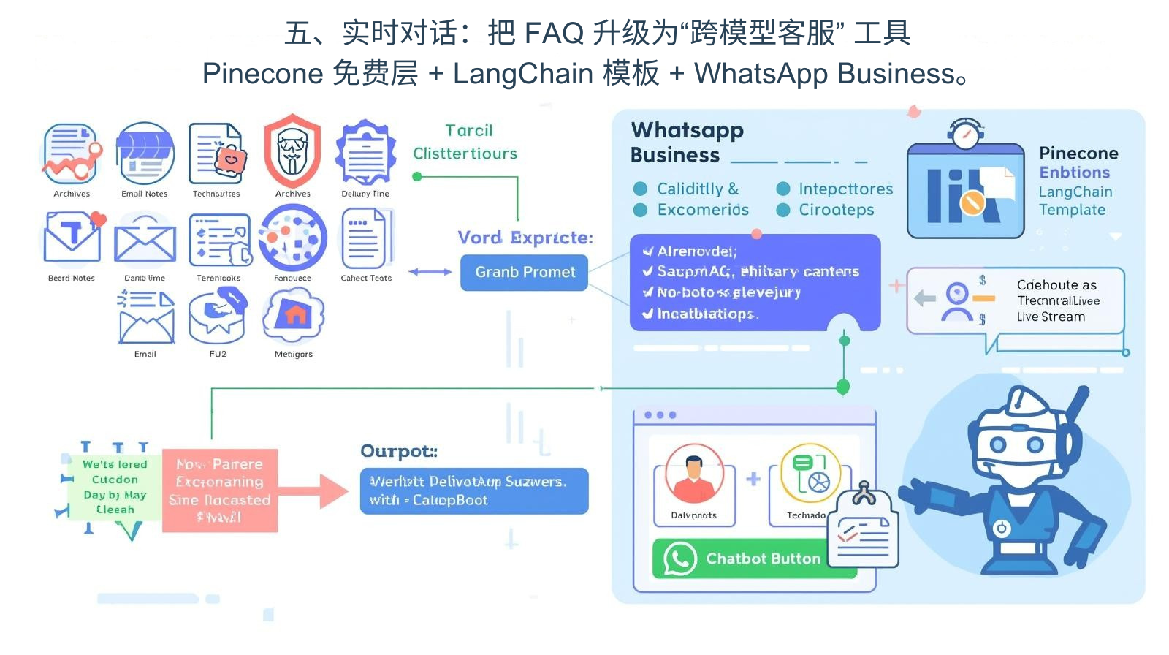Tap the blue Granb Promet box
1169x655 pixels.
point(524,272)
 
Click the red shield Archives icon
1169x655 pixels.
point(292,151)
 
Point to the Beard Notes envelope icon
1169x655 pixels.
point(72,238)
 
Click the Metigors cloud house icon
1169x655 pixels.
point(294,316)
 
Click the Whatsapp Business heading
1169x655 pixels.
point(687,142)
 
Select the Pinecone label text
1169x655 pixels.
point(1078,154)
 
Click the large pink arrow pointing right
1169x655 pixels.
point(321,491)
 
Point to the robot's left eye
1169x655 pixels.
point(997,444)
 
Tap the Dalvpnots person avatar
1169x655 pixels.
point(693,474)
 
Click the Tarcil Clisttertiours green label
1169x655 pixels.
point(465,142)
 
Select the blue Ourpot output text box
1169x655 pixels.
point(473,491)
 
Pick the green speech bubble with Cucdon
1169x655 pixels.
point(115,487)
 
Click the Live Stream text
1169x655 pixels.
point(1051,317)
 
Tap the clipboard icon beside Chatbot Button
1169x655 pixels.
point(864,530)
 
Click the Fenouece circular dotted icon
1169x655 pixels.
point(292,238)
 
